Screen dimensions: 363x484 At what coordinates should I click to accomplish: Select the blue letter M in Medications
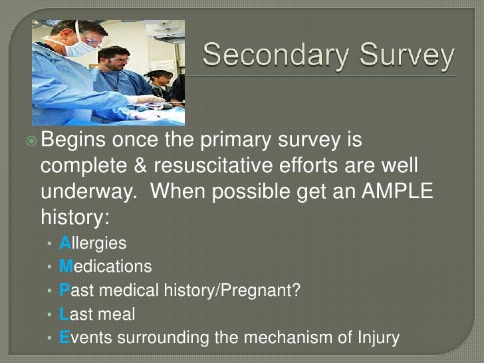[x=66, y=267]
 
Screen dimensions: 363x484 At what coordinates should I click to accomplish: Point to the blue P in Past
[x=64, y=291]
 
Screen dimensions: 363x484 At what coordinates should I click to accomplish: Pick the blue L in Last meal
[x=64, y=314]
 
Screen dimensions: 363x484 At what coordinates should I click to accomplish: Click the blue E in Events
[x=64, y=338]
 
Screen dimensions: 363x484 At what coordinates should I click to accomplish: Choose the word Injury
[x=378, y=338]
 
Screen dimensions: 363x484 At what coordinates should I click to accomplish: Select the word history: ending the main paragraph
[x=73, y=217]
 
